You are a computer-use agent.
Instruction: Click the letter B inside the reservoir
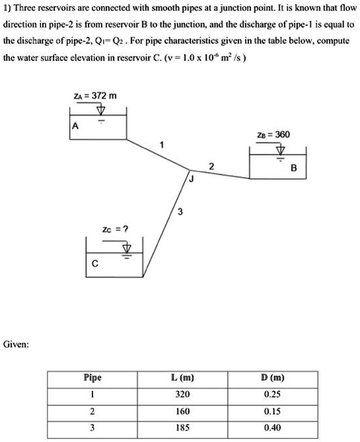(x=295, y=168)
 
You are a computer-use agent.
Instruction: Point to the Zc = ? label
(x=115, y=229)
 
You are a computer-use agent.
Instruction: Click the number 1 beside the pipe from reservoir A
(x=161, y=144)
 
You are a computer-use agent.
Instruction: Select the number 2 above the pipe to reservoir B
(x=211, y=166)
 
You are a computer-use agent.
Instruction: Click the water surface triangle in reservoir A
(x=101, y=120)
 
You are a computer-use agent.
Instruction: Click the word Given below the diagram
(x=15, y=344)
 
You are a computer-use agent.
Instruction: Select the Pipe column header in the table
(x=92, y=379)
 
